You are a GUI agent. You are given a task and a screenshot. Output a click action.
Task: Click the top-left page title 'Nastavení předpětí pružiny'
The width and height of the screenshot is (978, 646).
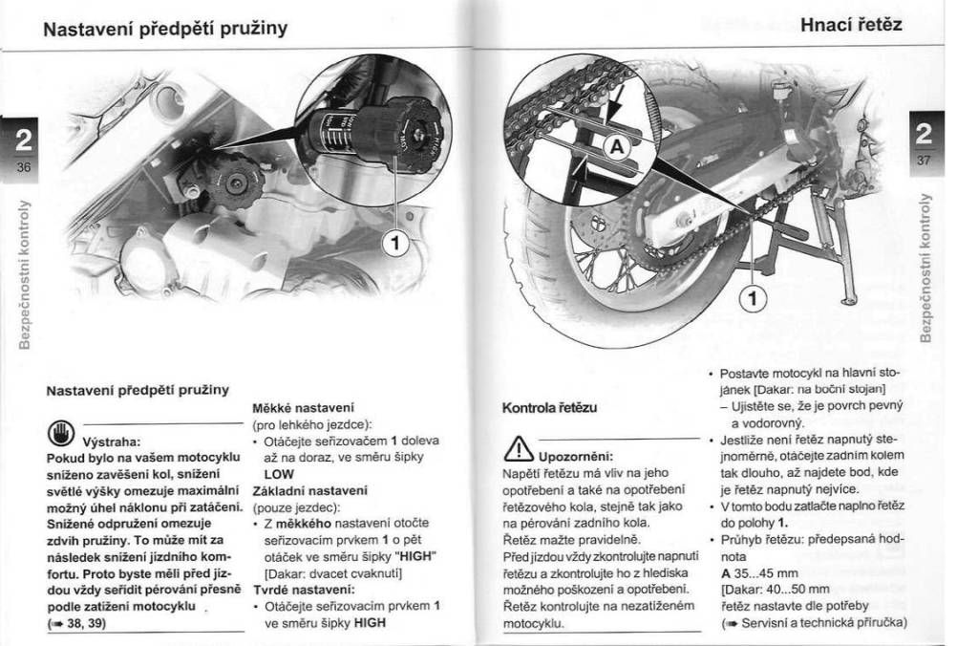click(x=166, y=28)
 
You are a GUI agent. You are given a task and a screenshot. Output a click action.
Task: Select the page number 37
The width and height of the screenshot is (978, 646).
click(x=923, y=160)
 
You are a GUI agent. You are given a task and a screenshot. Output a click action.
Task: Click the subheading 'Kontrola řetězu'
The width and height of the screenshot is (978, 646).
click(x=549, y=408)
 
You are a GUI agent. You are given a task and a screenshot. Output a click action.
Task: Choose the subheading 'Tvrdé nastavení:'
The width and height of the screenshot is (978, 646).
click(x=289, y=589)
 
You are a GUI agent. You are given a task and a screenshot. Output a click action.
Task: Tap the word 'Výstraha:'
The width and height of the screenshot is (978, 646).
click(x=113, y=441)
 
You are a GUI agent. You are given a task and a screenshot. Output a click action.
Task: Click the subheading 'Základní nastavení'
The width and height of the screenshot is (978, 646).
click(x=296, y=490)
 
